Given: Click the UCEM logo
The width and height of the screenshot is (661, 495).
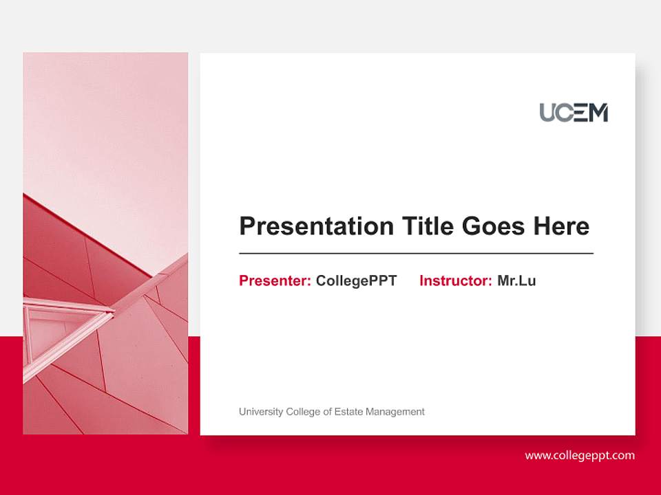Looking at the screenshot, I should [574, 112].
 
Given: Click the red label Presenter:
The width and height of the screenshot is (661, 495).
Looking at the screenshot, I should [275, 280].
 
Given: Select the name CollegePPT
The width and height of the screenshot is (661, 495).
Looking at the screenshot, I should [356, 280].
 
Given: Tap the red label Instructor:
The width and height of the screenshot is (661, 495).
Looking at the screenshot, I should [455, 280].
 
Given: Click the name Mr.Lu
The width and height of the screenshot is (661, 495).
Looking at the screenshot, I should [516, 280].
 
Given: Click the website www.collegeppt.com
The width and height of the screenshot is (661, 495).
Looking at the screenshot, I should [580, 455].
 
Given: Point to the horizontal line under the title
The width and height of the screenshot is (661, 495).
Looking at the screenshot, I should [416, 254].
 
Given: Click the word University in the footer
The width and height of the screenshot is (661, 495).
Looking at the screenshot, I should [261, 412].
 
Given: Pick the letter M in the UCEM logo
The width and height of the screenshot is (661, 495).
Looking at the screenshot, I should [598, 113].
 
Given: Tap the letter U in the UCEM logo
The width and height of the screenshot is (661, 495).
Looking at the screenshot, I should [548, 113].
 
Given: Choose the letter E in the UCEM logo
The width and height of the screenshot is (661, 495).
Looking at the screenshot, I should [581, 113].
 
